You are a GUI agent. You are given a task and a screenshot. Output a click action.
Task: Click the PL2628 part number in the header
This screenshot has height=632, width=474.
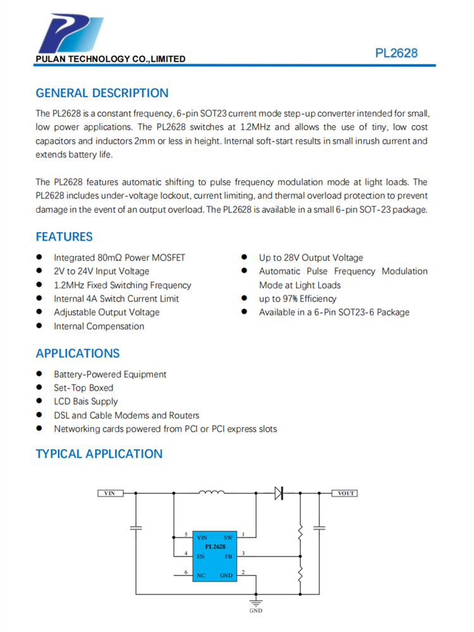(x=396, y=53)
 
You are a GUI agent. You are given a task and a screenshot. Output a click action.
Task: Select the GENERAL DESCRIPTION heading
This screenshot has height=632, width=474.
(x=102, y=93)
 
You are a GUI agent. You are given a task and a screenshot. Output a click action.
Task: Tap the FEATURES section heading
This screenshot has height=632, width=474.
(x=64, y=237)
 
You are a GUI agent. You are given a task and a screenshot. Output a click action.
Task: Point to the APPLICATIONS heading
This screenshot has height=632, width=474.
(x=77, y=353)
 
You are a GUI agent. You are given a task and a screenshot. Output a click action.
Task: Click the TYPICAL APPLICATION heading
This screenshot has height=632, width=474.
(x=99, y=454)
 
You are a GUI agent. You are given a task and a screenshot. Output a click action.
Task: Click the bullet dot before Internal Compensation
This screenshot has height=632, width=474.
(x=39, y=326)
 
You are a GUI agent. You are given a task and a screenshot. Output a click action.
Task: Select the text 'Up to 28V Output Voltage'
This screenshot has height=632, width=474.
(x=311, y=258)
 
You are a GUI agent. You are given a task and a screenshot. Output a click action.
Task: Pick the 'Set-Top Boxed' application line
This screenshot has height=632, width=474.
(x=83, y=388)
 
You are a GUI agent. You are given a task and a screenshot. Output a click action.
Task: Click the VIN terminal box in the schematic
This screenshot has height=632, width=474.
(x=110, y=494)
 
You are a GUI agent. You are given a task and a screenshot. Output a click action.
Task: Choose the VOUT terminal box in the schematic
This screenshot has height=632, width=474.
(x=345, y=494)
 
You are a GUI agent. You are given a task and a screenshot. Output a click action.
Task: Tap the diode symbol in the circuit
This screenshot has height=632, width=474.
(x=278, y=493)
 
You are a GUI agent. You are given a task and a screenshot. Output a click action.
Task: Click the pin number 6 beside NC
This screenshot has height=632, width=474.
(x=186, y=572)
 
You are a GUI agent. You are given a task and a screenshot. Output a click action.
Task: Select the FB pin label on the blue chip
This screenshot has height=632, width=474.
(x=228, y=557)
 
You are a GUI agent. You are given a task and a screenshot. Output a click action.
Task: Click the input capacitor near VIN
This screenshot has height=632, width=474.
(x=135, y=526)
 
